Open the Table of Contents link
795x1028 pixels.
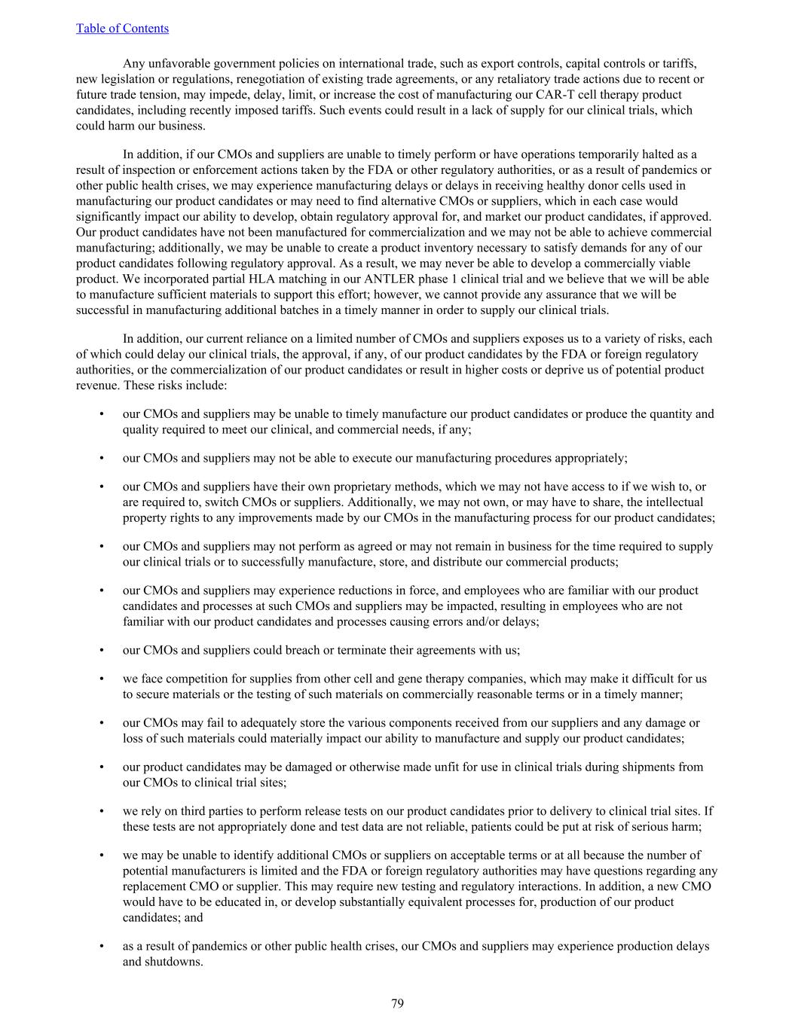pos(122,29)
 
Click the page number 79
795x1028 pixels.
pos(397,1003)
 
